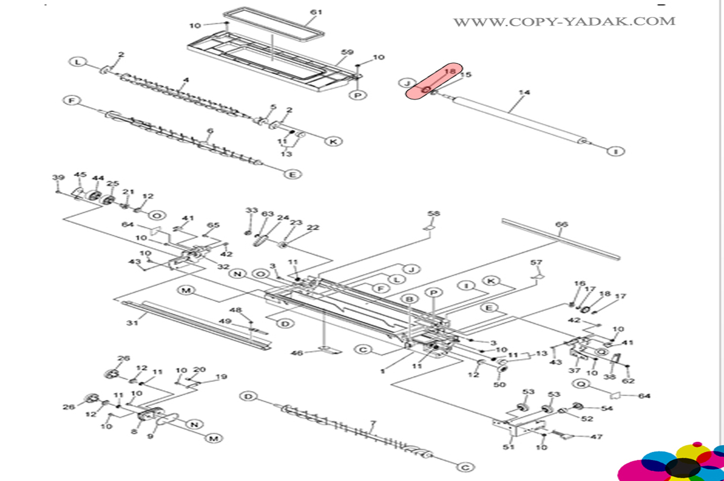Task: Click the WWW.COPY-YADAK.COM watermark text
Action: [564, 22]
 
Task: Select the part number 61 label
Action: [316, 12]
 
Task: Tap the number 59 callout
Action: [347, 52]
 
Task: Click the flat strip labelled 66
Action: [561, 239]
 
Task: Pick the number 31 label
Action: [132, 323]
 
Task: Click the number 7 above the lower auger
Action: [373, 423]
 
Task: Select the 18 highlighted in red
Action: [450, 71]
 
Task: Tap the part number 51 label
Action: [508, 447]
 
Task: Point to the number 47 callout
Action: [596, 437]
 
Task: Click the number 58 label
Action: [433, 214]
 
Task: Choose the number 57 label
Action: [536, 263]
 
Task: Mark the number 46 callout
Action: [297, 353]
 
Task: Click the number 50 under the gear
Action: [499, 384]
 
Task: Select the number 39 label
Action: [58, 177]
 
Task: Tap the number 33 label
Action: [251, 210]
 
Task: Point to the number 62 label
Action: [628, 380]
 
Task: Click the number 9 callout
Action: [150, 436]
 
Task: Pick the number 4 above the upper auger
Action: [186, 80]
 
